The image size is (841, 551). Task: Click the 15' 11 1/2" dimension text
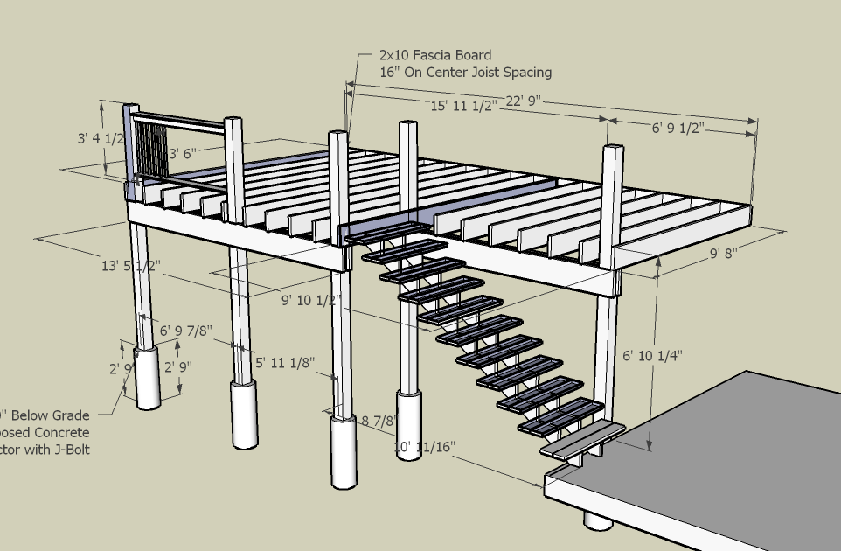[x=463, y=105]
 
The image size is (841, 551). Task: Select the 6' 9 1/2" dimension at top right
[x=678, y=129]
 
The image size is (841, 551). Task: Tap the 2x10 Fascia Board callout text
[x=435, y=55]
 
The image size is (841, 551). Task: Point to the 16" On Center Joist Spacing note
[x=465, y=73]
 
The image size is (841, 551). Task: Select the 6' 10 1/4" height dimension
[x=653, y=356]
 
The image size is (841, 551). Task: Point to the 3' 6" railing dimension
[x=186, y=153]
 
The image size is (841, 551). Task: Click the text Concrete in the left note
[x=60, y=433]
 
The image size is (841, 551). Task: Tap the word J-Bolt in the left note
[x=71, y=450]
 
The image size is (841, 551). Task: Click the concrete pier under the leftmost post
[x=148, y=377]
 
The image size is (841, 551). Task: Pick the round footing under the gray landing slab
[x=599, y=521]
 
